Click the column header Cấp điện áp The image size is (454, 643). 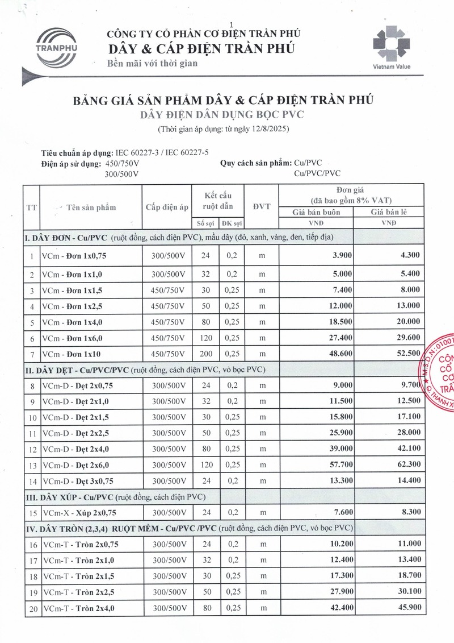pyautogui.click(x=166, y=207)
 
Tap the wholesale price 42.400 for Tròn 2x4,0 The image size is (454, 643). pyautogui.click(x=336, y=608)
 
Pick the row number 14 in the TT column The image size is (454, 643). pyautogui.click(x=32, y=482)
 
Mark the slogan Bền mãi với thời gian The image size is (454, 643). pyautogui.click(x=153, y=63)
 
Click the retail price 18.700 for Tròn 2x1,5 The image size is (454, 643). pyautogui.click(x=406, y=576)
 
